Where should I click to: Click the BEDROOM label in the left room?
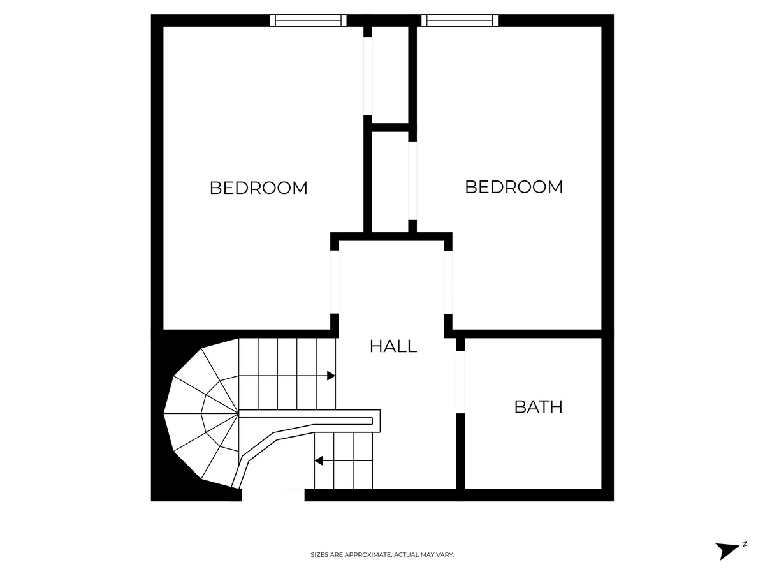click(x=258, y=188)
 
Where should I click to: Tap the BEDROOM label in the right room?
click(x=513, y=187)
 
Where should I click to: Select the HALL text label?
click(x=393, y=346)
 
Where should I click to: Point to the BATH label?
click(x=538, y=407)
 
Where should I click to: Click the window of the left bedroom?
click(x=308, y=20)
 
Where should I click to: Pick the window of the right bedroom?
click(x=459, y=20)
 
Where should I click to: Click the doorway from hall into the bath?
click(x=460, y=382)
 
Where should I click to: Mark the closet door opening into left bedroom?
click(x=367, y=77)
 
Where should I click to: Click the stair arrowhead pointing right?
click(x=331, y=376)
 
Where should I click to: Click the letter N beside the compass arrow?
click(x=744, y=544)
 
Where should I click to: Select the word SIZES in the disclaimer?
click(x=319, y=555)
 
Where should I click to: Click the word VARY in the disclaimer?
click(x=446, y=555)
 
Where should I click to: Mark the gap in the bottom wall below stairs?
click(x=273, y=495)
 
